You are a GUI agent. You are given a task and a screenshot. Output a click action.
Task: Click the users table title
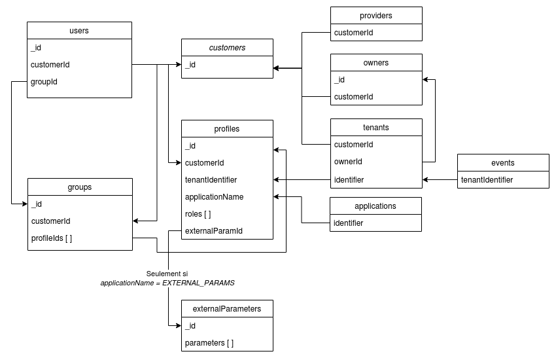click(x=79, y=31)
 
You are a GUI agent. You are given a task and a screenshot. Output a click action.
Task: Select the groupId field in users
click(x=44, y=82)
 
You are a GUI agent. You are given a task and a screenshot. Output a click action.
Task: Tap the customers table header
click(x=227, y=48)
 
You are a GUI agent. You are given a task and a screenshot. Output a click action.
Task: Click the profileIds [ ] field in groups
click(x=52, y=238)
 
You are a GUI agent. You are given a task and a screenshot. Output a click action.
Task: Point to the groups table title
click(x=79, y=187)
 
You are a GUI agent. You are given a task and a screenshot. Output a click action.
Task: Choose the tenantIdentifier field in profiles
click(x=211, y=179)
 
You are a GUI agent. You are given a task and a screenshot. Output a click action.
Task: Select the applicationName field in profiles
click(x=215, y=196)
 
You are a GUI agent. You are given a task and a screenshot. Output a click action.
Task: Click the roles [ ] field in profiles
click(x=198, y=213)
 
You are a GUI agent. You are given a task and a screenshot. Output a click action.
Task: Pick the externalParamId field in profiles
click(x=214, y=230)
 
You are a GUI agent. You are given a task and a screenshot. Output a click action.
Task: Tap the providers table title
click(x=376, y=15)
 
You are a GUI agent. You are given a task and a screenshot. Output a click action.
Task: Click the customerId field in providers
click(x=354, y=32)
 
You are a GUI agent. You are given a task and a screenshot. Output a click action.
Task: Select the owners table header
click(x=376, y=63)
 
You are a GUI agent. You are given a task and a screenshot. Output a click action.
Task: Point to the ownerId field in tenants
click(x=348, y=162)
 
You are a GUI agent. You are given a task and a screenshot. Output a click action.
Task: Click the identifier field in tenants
click(x=349, y=179)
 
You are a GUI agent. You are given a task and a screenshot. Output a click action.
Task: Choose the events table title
click(x=502, y=163)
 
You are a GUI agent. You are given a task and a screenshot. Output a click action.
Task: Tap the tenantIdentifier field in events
click(x=487, y=179)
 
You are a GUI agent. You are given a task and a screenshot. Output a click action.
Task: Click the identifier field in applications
click(x=349, y=223)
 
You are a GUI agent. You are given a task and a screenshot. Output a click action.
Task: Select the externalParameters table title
click(x=227, y=309)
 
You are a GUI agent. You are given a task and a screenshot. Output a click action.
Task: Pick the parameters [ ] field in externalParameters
click(x=209, y=343)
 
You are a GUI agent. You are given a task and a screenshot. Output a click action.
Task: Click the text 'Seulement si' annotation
click(x=167, y=274)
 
